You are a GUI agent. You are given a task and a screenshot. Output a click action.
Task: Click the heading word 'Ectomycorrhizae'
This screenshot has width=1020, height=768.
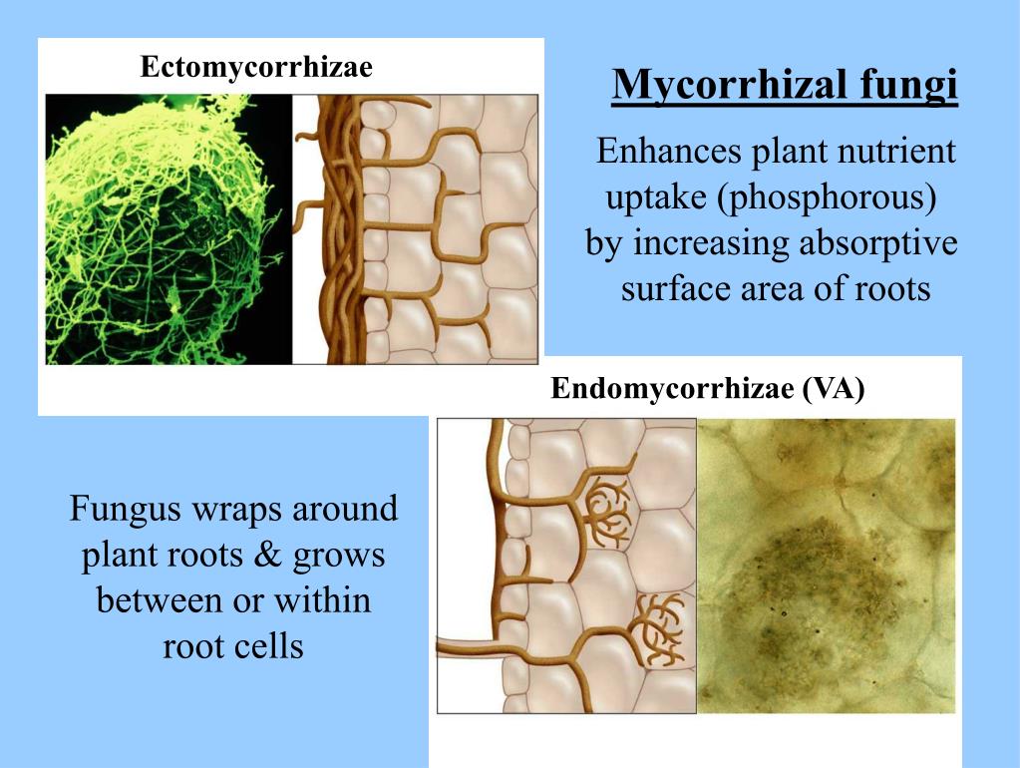256,68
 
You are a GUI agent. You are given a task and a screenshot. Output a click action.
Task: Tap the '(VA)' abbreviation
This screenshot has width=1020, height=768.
835,388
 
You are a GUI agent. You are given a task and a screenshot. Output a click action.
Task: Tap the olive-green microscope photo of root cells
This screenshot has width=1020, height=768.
825,565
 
